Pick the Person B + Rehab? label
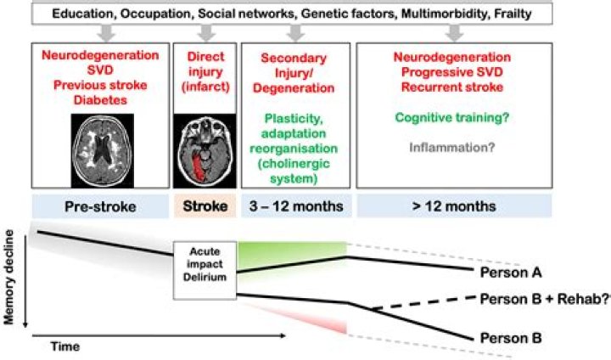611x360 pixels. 544,299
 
